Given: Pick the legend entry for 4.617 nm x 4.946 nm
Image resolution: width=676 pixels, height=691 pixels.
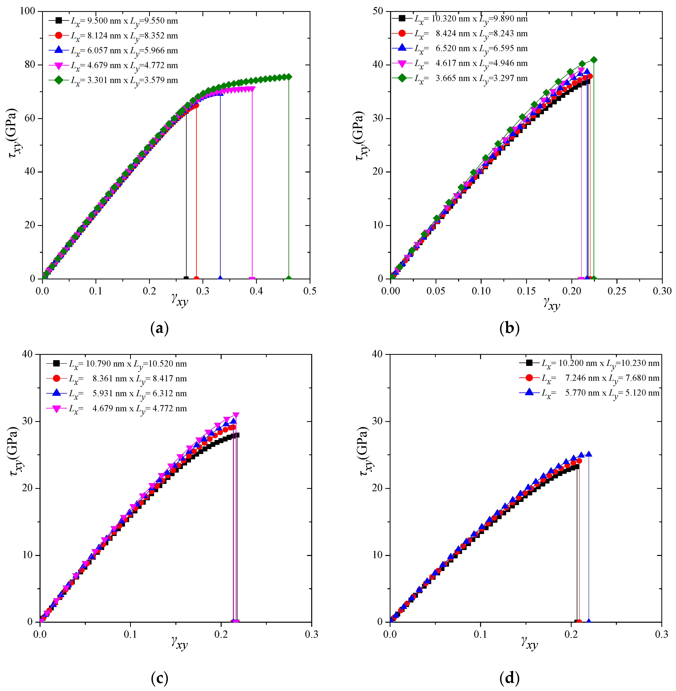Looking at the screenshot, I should pos(460,64).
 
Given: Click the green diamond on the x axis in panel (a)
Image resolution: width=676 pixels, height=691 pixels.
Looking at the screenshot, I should pos(289,279).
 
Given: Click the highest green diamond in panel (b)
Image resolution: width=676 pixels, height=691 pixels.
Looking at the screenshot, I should pos(594,60).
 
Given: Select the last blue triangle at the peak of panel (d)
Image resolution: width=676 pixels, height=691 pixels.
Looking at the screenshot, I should pos(589,454).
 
